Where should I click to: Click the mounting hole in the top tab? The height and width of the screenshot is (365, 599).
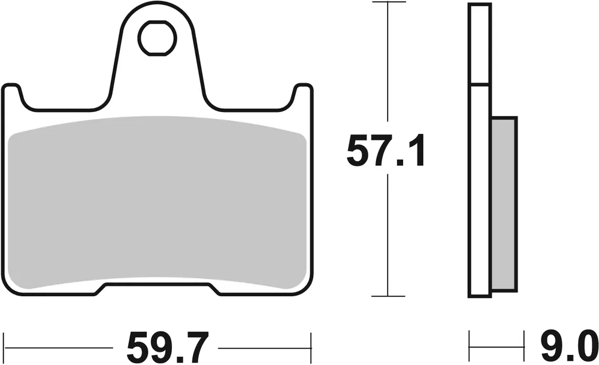click(x=158, y=38)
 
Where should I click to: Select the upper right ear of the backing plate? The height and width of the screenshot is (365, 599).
click(x=302, y=96)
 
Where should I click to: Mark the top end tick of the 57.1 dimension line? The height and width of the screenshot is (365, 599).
click(x=389, y=2)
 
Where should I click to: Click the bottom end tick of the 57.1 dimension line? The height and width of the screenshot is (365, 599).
click(x=389, y=296)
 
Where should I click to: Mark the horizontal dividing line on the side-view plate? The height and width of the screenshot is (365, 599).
click(x=480, y=83)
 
